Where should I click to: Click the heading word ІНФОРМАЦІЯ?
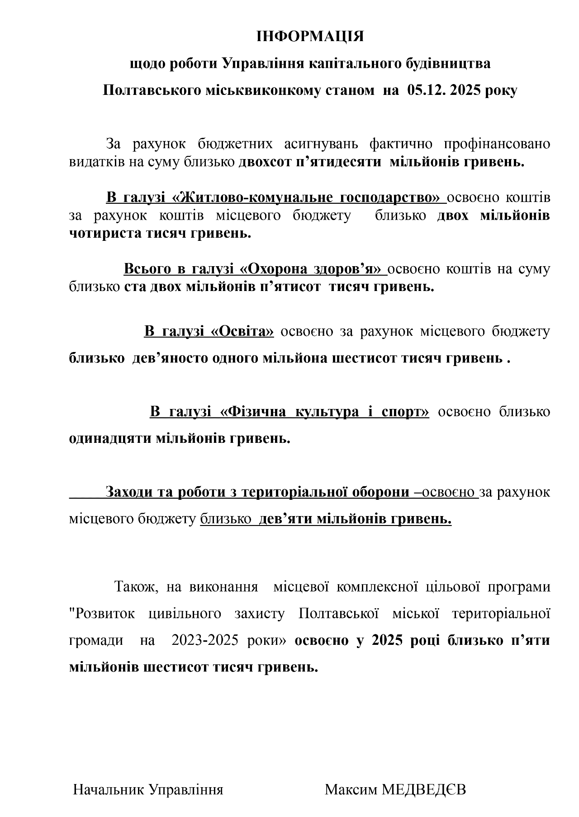(310, 36)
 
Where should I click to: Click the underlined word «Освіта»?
(242, 331)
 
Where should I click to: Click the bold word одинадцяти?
(110, 438)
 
